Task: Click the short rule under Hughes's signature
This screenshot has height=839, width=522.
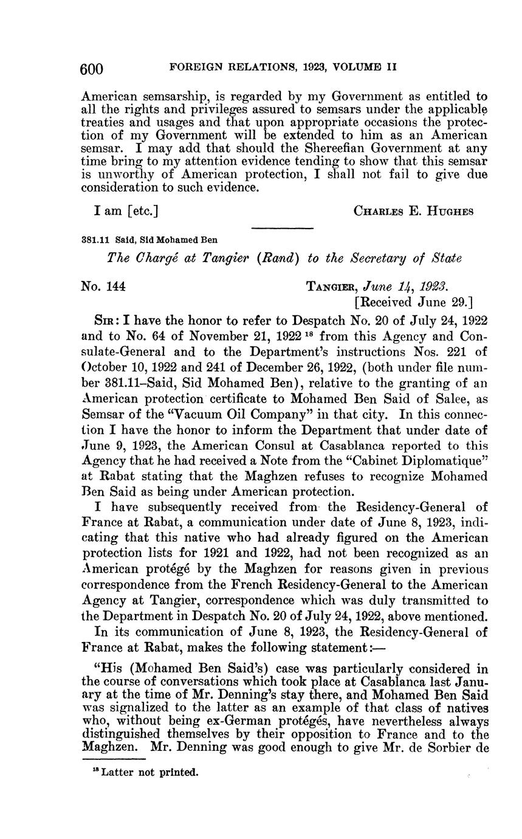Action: coord(281,229)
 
